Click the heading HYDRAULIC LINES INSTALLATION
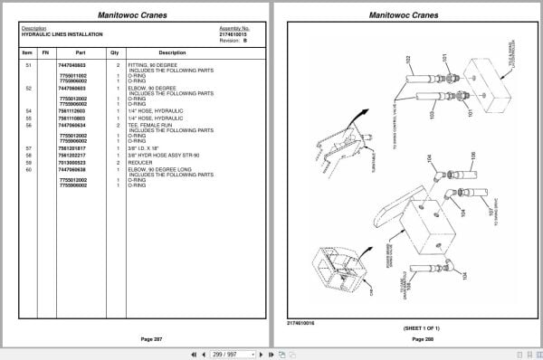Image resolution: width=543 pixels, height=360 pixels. [x=62, y=34]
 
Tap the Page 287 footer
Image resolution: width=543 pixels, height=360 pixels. [x=139, y=338]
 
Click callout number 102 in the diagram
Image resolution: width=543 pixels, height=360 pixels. [x=408, y=61]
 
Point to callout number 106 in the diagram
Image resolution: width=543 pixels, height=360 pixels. [x=472, y=156]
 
